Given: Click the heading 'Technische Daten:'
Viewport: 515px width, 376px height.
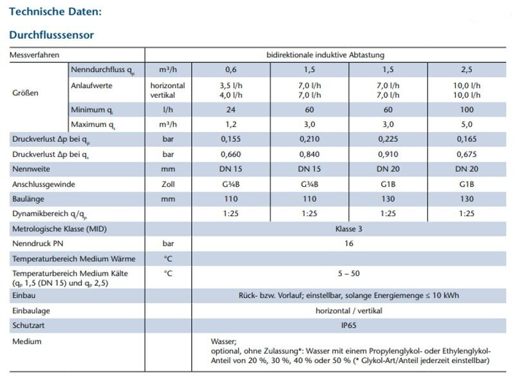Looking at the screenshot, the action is tap(55, 12).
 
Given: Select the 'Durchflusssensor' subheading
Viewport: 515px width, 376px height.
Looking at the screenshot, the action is tap(51, 35).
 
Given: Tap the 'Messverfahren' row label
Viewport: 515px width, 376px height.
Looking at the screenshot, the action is tap(35, 55).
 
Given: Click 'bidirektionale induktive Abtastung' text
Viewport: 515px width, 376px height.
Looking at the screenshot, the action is tap(325, 55).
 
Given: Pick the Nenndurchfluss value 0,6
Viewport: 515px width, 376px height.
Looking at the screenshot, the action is tap(230, 70).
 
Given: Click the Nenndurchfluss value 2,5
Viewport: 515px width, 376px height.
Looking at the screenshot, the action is tap(466, 70).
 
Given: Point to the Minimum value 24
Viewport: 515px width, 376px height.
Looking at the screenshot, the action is tap(230, 109).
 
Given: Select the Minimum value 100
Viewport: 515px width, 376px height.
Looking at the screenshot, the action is tap(467, 109).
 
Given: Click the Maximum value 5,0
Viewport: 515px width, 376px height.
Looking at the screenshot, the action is tap(466, 124).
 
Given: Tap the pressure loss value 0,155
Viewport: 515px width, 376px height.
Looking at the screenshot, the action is tap(230, 139).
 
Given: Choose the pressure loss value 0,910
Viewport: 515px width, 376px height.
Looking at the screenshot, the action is tap(388, 155).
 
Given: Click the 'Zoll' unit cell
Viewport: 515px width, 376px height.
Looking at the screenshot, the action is tap(168, 184).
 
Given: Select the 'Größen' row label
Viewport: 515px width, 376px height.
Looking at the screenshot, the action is tap(25, 93).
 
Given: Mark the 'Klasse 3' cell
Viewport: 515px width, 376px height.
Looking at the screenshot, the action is tap(348, 229).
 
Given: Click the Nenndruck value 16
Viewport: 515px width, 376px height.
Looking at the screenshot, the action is tap(349, 243).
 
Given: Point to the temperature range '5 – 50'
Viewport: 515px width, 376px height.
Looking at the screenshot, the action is tap(348, 274).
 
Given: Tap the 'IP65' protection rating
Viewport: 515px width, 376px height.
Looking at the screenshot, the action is tap(348, 325).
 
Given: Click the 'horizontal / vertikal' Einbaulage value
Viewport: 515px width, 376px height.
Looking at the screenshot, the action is tap(349, 311).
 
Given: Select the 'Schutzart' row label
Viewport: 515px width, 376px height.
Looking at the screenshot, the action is tap(28, 325).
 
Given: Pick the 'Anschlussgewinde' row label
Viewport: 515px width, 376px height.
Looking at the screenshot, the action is tap(44, 185).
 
